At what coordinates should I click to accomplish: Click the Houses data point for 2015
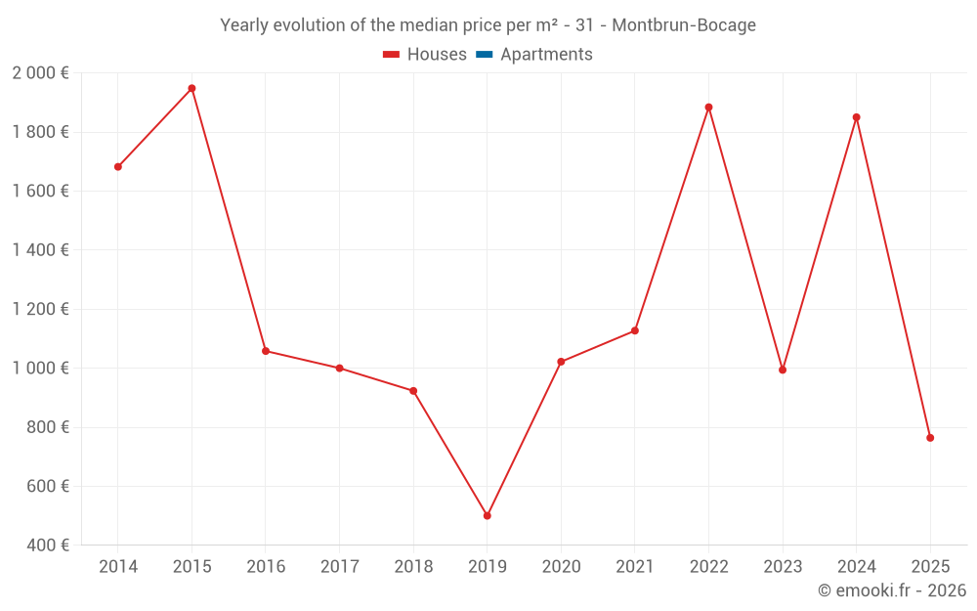tap(191, 88)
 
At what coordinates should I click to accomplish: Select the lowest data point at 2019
tap(487, 515)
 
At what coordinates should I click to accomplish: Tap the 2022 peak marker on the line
tap(708, 108)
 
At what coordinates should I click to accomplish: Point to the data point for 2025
tap(930, 438)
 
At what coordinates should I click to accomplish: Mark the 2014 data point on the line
tap(118, 167)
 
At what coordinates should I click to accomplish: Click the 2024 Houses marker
tap(856, 117)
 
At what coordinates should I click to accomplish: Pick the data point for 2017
tap(339, 369)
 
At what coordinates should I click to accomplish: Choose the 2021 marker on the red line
tap(635, 330)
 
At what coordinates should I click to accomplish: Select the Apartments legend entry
tap(546, 55)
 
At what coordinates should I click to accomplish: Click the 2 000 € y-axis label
tap(40, 73)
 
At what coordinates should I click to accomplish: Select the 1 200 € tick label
tap(40, 309)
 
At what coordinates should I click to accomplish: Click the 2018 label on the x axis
tap(413, 567)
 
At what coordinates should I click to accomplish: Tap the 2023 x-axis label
tap(783, 567)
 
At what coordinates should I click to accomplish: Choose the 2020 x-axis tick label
tap(561, 567)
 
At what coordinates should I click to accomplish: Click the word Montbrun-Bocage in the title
tap(684, 25)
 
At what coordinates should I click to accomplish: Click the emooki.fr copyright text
tap(892, 590)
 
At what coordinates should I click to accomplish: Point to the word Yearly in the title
tap(246, 25)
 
